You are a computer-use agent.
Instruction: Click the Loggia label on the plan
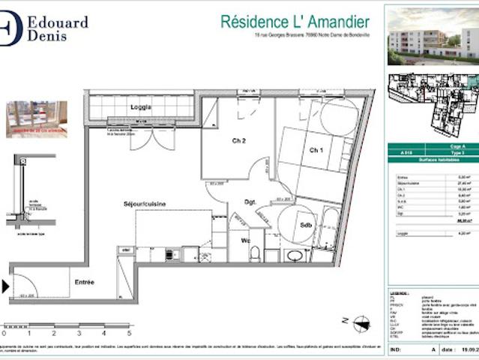140,106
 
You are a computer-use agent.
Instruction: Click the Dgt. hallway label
250,202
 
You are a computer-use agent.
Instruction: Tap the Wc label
245,240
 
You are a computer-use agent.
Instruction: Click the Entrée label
84,282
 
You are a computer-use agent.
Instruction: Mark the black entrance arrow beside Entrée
6,286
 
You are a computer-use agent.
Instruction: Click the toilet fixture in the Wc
255,253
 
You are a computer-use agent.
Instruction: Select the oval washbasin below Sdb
295,255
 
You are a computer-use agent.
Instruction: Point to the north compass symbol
362,323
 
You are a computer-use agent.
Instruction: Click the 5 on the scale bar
128,332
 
